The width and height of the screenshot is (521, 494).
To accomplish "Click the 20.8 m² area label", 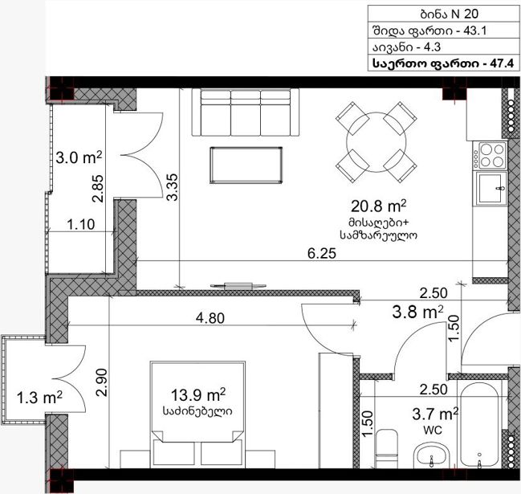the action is pyautogui.click(x=378, y=206).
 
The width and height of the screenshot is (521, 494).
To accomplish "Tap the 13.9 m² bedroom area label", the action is pyautogui.click(x=198, y=395).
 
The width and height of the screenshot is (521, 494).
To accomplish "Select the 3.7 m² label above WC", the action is pyautogui.click(x=435, y=414).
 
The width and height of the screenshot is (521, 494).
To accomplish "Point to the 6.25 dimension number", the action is pyautogui.click(x=322, y=254).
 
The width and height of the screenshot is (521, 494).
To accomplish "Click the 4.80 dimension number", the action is pyautogui.click(x=210, y=318).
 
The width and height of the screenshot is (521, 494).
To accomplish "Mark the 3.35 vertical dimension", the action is pyautogui.click(x=173, y=187).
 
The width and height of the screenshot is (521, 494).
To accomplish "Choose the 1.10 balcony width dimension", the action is pyautogui.click(x=81, y=224).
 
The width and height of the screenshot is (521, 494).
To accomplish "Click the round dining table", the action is pyautogui.click(x=377, y=142).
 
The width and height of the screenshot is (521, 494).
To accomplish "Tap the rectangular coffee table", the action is pyautogui.click(x=246, y=165).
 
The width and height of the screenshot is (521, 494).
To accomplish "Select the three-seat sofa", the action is pyautogui.click(x=246, y=112).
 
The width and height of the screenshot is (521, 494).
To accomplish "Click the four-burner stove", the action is pyautogui.click(x=490, y=155).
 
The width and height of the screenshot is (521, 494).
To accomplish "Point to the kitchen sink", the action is pyautogui.click(x=491, y=188).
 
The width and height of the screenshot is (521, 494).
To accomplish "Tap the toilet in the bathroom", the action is pyautogui.click(x=387, y=448).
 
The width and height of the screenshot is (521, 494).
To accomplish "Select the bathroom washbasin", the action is pyautogui.click(x=432, y=455).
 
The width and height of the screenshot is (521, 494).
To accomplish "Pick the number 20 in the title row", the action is pyautogui.click(x=471, y=14).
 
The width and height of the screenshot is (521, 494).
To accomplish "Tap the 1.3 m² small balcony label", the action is pyautogui.click(x=39, y=398).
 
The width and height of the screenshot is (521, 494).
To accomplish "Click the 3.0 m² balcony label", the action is pyautogui.click(x=79, y=157).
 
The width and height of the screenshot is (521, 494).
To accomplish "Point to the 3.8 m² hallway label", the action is pyautogui.click(x=417, y=312).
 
